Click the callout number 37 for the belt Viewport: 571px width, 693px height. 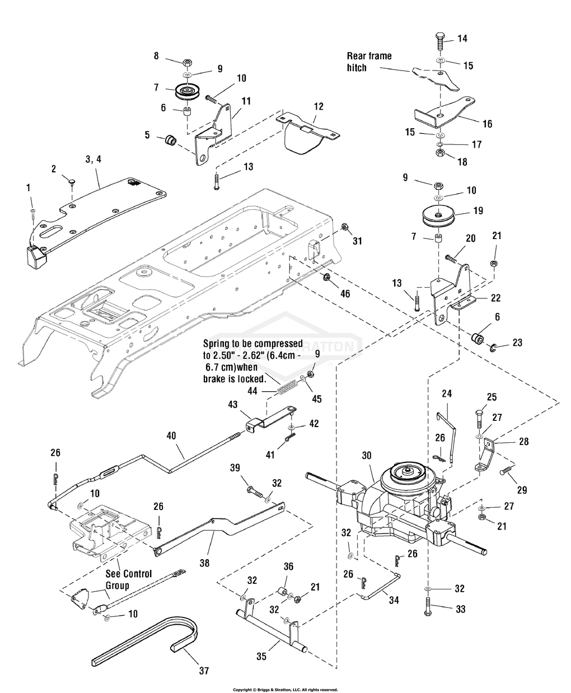point(204,671)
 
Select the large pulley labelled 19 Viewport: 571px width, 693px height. point(438,217)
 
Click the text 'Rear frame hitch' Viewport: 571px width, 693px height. point(369,62)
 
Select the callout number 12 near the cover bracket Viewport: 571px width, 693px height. point(318,105)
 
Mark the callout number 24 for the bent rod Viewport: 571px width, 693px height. point(446,394)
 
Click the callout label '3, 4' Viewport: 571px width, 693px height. point(93,159)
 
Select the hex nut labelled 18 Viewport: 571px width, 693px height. point(440,153)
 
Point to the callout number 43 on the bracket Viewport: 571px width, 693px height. point(232,404)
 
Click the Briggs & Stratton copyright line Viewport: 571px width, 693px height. point(285,690)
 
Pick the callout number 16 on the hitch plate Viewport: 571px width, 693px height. point(487,124)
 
